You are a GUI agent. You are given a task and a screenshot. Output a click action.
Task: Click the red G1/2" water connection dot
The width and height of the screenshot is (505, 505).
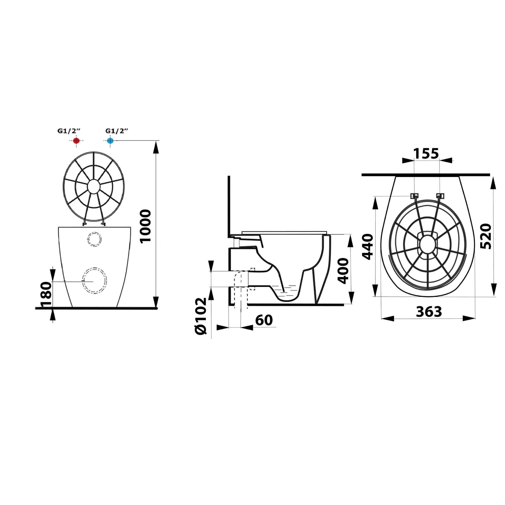76,140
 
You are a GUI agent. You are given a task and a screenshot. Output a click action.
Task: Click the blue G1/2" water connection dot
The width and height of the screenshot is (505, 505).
110,140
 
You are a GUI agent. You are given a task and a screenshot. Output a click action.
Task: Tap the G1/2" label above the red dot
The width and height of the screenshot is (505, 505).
69,131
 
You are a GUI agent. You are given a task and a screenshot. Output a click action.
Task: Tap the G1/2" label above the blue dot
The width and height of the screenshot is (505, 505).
117,131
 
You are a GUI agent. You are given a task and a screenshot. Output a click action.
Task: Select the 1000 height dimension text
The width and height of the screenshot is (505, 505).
145,226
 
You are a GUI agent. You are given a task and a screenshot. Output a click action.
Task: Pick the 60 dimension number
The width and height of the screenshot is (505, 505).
264,320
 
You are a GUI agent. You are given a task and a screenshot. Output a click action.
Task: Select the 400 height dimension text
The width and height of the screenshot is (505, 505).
343,271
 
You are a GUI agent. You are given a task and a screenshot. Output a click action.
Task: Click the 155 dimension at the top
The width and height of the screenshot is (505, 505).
426,154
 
